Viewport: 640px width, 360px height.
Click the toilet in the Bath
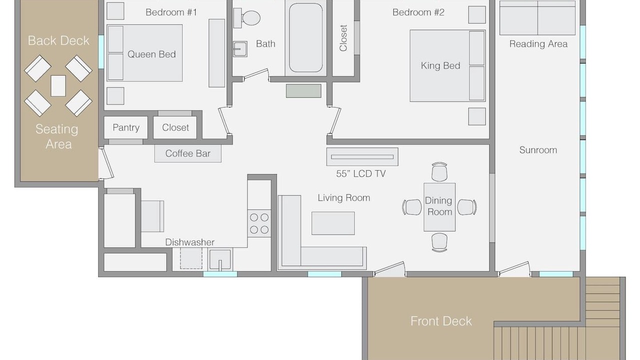(x=246, y=18)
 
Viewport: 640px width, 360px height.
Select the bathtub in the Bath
(x=305, y=37)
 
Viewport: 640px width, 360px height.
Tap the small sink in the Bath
(x=240, y=49)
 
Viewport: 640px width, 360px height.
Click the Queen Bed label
(x=151, y=54)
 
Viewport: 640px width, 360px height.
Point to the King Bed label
(x=440, y=65)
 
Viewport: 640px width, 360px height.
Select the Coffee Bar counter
(x=187, y=153)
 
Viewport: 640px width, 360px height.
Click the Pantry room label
(x=126, y=127)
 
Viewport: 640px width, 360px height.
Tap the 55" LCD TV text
(x=361, y=173)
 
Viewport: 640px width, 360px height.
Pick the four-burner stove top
(x=259, y=223)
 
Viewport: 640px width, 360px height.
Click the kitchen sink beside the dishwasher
(x=220, y=259)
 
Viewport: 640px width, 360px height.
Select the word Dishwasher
(x=189, y=242)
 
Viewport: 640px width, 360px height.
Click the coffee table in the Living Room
(x=333, y=223)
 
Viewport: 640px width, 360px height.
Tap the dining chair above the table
(x=439, y=171)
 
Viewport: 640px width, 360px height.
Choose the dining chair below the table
(x=439, y=242)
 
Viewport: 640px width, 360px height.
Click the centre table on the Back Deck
(x=58, y=85)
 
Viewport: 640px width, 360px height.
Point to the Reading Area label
(x=538, y=44)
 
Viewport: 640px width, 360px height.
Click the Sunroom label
(x=538, y=150)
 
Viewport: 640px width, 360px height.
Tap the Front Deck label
(x=441, y=321)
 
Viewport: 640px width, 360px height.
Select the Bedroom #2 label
(x=418, y=12)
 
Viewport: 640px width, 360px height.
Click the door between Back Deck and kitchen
(x=106, y=163)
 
